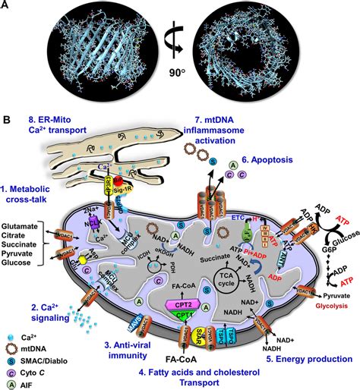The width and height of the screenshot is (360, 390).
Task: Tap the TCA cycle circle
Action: pyautogui.click(x=253, y=271)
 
